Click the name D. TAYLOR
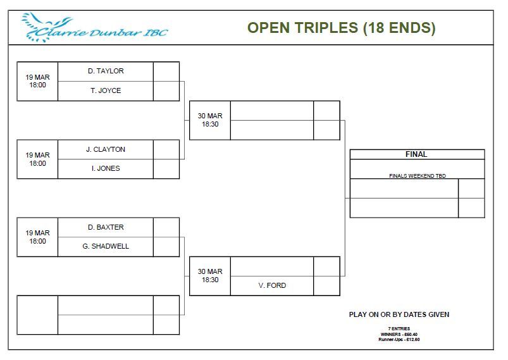tap(106, 71)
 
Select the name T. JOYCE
tap(106, 90)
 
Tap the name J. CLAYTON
tap(106, 149)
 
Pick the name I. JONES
tap(106, 168)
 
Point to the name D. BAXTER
tap(106, 227)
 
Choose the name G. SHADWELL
tap(106, 246)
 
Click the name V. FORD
tap(272, 285)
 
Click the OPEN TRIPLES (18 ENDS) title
tap(342, 28)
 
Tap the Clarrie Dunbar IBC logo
tap(94, 28)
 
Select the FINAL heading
tap(416, 154)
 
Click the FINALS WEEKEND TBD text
tap(418, 176)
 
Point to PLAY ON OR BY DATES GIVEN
tap(399, 314)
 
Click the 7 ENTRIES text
tap(399, 328)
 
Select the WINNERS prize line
tap(399, 334)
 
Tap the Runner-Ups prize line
tap(399, 340)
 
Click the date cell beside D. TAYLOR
tap(37, 82)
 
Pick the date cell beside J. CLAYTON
tap(37, 159)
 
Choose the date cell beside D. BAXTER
tap(37, 237)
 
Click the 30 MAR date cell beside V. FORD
tap(210, 276)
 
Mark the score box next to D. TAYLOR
tap(166, 71)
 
